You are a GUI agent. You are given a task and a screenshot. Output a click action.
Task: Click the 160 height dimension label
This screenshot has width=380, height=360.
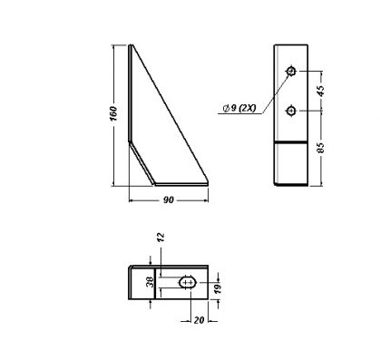113,113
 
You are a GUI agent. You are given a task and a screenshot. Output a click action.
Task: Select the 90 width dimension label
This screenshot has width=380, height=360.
169,200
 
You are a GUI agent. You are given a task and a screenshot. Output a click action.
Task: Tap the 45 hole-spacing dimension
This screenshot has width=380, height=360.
321,91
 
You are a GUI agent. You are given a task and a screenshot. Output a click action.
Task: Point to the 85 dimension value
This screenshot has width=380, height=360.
321,147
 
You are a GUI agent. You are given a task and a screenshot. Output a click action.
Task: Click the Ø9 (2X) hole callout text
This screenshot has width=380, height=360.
239,108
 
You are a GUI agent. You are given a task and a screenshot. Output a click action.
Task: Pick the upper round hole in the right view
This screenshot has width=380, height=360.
291,71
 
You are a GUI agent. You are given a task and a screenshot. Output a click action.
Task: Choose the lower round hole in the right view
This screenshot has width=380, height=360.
291,111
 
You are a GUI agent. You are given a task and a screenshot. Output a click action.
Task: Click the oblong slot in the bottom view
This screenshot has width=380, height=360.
189,283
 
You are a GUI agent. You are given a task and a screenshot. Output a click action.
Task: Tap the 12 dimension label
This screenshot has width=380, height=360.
161,237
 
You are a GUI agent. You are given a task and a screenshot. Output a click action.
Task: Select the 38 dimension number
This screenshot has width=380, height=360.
151,282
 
